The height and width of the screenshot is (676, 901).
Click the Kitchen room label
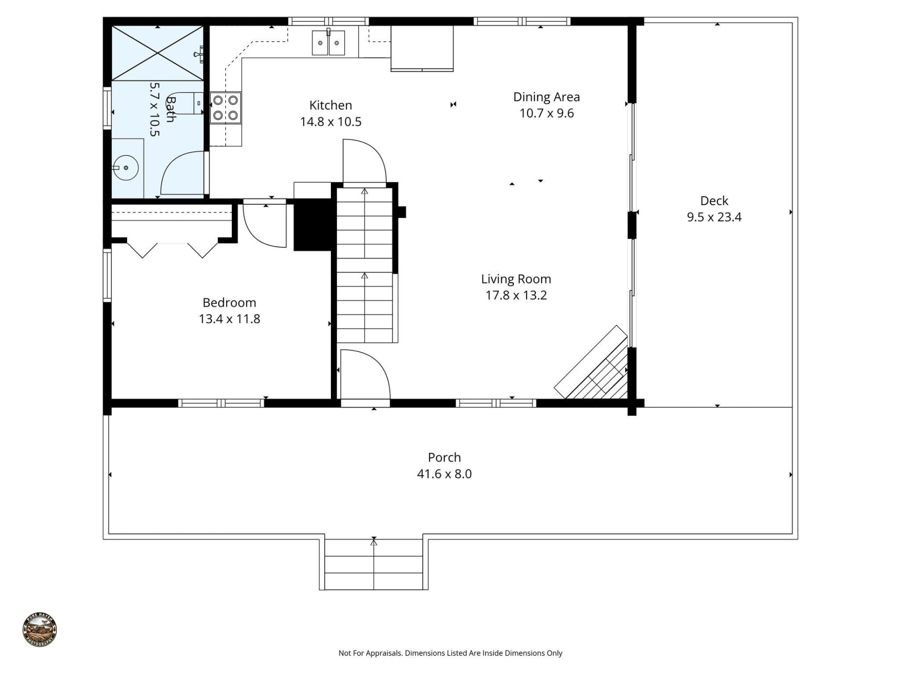point(330,105)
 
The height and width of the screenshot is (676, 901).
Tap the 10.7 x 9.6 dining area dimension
point(546,113)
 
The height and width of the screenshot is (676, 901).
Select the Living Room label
point(516,279)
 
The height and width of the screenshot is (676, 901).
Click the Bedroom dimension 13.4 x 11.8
point(229,319)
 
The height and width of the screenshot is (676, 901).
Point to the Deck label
point(714,200)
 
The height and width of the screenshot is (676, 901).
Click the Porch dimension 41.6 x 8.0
point(444,474)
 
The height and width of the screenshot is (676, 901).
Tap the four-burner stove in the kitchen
point(226,108)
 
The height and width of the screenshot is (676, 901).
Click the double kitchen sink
point(328,43)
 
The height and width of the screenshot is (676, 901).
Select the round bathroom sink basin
point(125,168)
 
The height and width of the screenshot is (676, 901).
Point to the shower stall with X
point(157,53)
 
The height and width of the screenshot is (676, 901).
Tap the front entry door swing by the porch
point(365,376)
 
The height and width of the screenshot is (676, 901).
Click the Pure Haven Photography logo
point(40,630)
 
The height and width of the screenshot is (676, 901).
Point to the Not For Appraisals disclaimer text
point(450,653)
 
